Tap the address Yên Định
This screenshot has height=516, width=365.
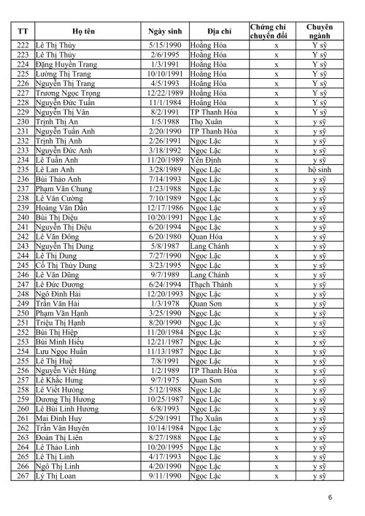[x=206, y=159]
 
